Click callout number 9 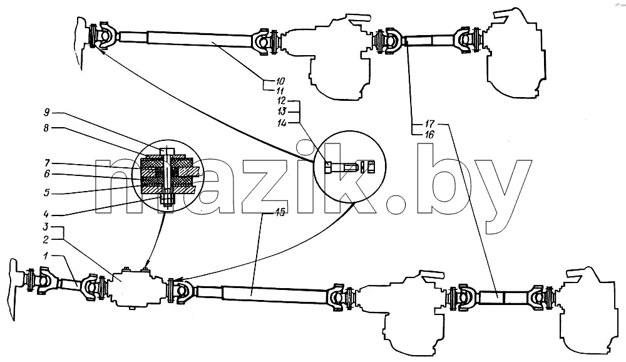pyautogui.click(x=47, y=112)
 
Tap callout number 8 pyautogui.click(x=46, y=128)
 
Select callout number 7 pyautogui.click(x=47, y=163)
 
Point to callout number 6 pyautogui.click(x=47, y=174)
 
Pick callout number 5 pyautogui.click(x=47, y=193)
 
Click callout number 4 pyautogui.click(x=47, y=214)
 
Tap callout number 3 pyautogui.click(x=46, y=227)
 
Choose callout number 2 pyautogui.click(x=46, y=239)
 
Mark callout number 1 pyautogui.click(x=46, y=256)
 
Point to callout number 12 pyautogui.click(x=282, y=101)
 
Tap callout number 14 pyautogui.click(x=282, y=123)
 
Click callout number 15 pyautogui.click(x=280, y=212)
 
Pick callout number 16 pyautogui.click(x=429, y=135)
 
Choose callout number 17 pyautogui.click(x=429, y=123)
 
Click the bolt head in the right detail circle pyautogui.click(x=328, y=168)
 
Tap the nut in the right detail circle pyautogui.click(x=371, y=167)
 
